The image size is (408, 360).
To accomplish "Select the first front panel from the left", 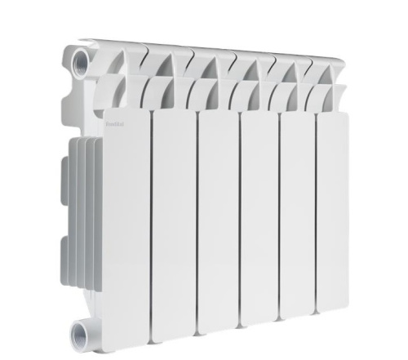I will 126,220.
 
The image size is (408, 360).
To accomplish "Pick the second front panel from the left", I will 173,220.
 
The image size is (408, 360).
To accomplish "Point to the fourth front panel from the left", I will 259,220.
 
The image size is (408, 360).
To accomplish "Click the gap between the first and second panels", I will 152,220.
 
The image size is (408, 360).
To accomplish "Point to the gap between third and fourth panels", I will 238,220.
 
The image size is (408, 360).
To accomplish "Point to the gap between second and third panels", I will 196,220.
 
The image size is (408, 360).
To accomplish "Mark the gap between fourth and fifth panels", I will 279,220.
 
